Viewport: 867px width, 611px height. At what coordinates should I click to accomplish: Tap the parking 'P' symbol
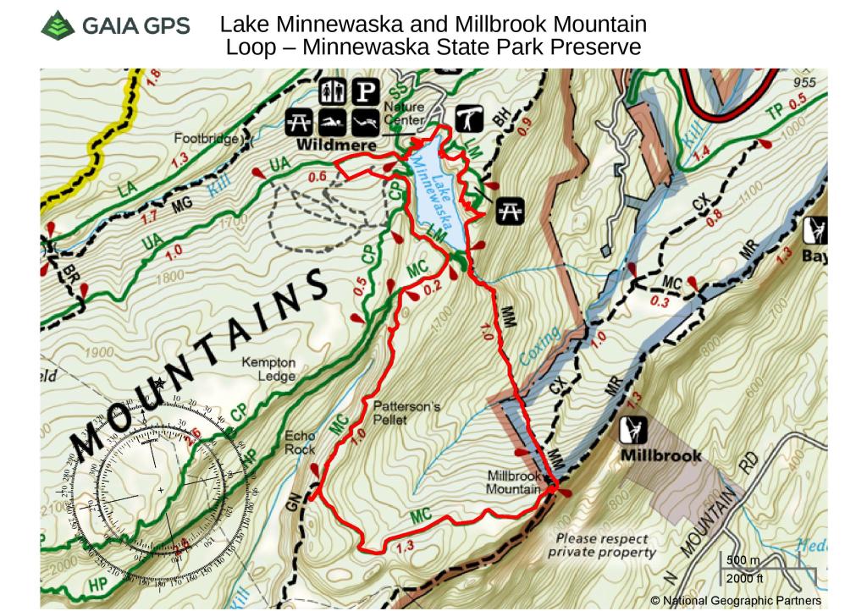[365, 91]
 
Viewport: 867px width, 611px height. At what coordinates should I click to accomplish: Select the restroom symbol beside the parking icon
[333, 91]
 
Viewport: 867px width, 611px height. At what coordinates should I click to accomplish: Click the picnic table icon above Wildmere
[302, 120]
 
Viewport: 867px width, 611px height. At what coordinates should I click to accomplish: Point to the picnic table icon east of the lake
[510, 210]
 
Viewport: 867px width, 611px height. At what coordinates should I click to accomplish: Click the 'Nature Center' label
[403, 113]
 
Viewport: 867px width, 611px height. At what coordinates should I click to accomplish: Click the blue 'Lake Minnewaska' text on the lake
[439, 190]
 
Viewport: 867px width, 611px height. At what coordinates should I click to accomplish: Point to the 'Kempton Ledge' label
[268, 369]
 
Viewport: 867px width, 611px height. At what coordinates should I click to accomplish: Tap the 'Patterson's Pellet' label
[406, 413]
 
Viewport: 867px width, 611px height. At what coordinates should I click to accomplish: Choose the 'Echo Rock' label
[300, 443]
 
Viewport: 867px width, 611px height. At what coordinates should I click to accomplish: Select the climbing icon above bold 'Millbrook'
[635, 431]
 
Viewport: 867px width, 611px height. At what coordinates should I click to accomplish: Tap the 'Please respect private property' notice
[601, 546]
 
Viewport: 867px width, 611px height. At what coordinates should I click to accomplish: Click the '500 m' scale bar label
[743, 561]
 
